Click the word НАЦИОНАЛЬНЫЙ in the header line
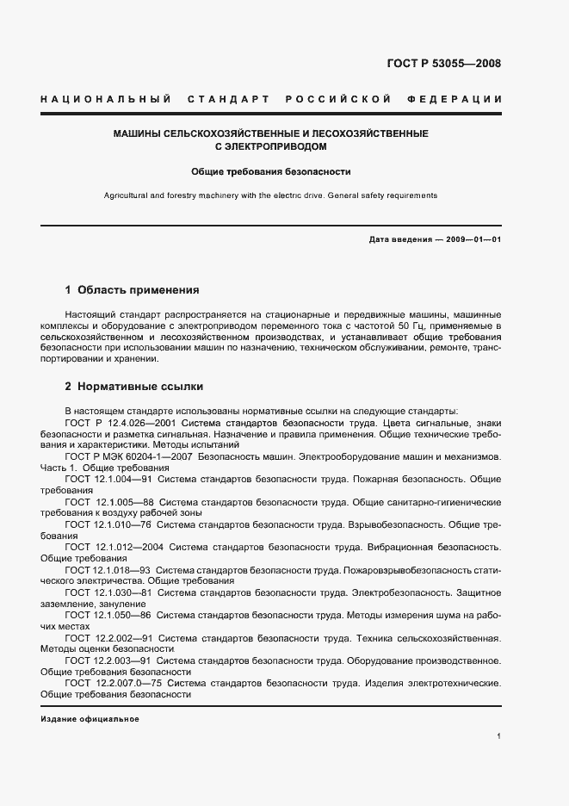pos(105,100)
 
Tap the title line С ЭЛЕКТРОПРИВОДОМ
pos(271,147)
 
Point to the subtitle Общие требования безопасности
pos(271,171)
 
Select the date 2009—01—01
pos(473,239)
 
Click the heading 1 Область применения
pos(132,290)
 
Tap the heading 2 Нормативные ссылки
pos(134,387)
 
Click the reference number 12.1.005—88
pos(126,500)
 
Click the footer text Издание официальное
pos(90,718)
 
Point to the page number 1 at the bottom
pos(499,736)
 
